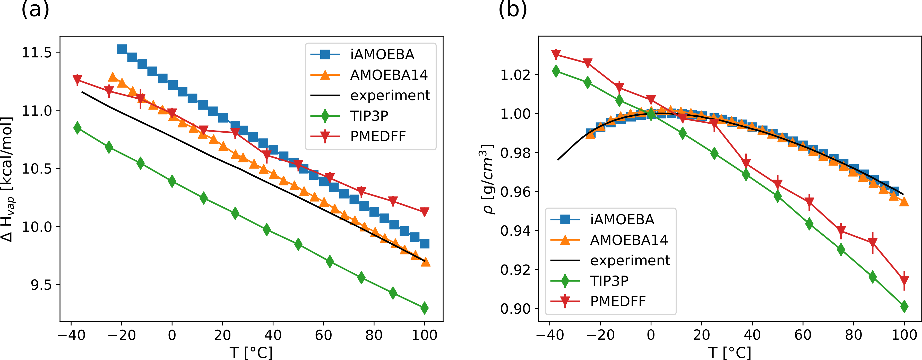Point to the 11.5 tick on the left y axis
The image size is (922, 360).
click(37, 53)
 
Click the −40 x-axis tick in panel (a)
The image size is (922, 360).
click(71, 335)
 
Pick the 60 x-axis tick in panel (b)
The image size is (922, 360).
click(803, 335)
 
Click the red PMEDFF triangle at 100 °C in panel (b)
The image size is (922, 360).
click(904, 279)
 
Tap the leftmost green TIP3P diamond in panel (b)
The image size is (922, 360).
click(556, 71)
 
